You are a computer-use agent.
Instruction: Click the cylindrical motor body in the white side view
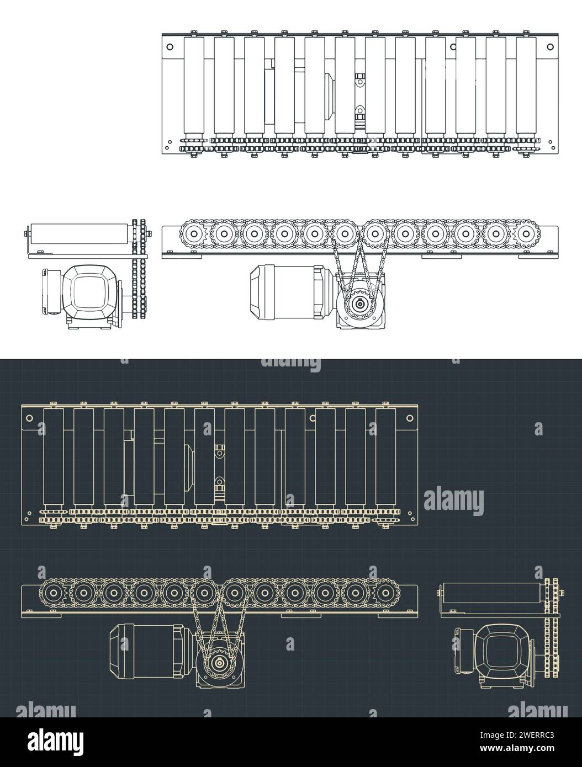pos(284,292)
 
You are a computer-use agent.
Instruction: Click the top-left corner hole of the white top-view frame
pos(169,46)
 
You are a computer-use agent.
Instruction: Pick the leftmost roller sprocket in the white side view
pos(194,233)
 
